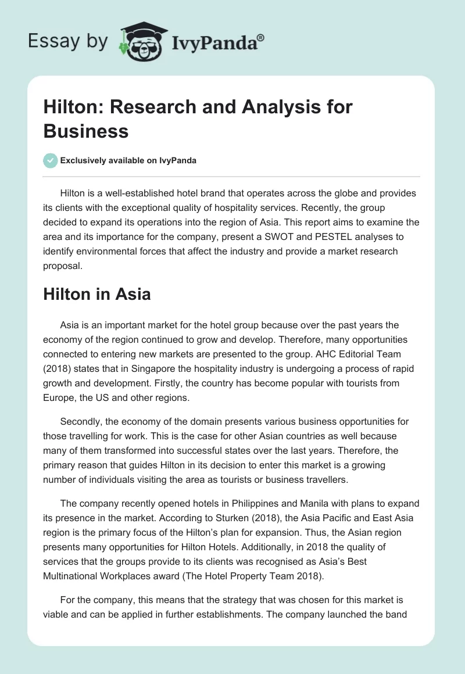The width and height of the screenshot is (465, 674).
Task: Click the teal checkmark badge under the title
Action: [x=51, y=160]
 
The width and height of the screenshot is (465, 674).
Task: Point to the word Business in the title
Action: [x=86, y=131]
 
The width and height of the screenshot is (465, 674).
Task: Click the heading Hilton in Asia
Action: [x=97, y=294]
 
